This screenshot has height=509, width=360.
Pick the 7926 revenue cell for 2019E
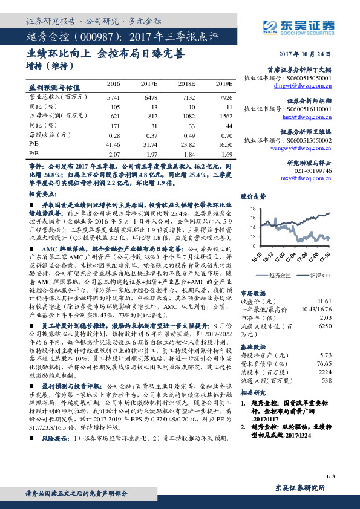[226, 97]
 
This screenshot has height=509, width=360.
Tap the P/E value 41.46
[113, 145]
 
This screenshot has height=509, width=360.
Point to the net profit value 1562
[225, 116]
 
